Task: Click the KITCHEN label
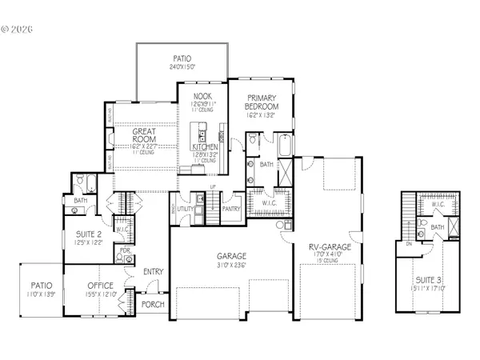click(205, 148)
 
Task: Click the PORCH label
click(151, 305)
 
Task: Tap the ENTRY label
click(153, 272)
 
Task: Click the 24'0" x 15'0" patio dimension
click(182, 68)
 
